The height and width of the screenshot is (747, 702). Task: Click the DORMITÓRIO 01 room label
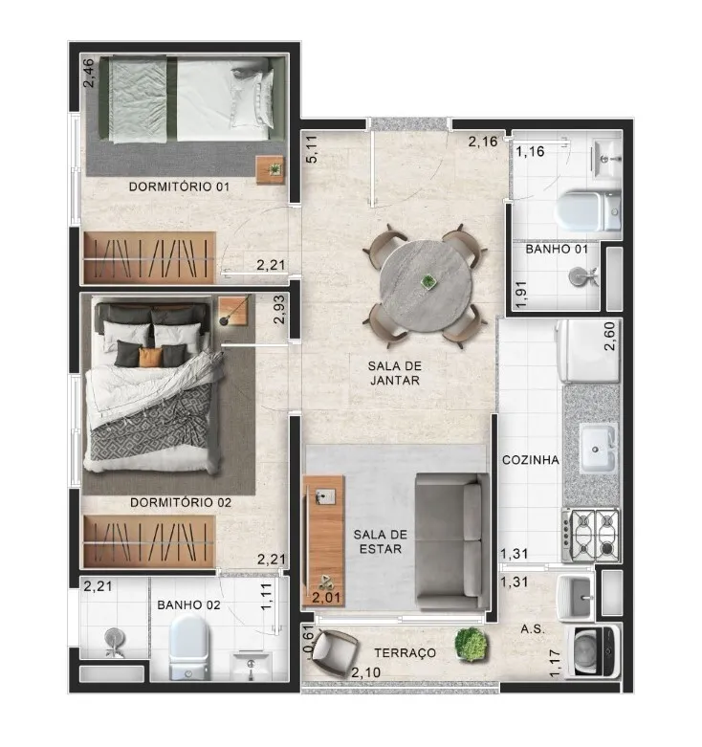coord(179,187)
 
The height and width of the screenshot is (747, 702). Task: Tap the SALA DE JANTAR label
coord(395,373)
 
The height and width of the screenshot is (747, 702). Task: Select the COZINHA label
coord(531,460)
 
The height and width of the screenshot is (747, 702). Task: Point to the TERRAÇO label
coord(405,652)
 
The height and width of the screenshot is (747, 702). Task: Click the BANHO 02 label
coord(188,605)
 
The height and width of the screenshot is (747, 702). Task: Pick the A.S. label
coord(533,628)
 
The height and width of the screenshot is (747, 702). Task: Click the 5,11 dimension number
coord(312,149)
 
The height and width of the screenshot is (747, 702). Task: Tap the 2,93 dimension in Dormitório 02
coord(279,310)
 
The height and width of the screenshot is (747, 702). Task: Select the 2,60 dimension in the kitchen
coord(609,337)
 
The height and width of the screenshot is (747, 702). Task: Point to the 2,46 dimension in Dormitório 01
coord(89,73)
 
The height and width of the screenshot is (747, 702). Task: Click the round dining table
coord(426,286)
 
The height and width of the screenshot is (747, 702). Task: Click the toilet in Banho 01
coord(588,210)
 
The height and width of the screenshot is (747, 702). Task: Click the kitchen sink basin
coord(596,449)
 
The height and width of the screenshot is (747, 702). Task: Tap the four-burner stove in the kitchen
coord(590,535)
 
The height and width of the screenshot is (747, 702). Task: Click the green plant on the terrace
coord(471,644)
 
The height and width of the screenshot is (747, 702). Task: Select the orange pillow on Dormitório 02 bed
coord(150,358)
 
